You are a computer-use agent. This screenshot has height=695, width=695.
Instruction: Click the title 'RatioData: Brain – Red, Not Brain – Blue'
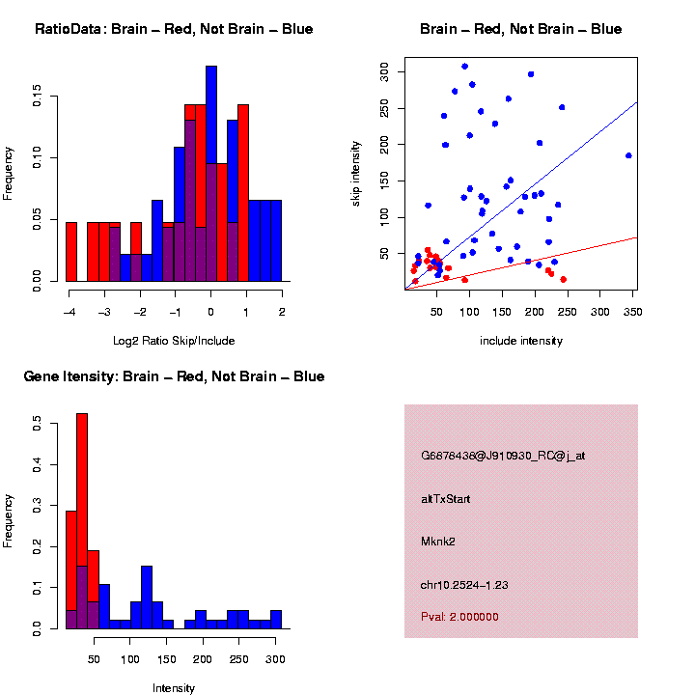[174, 29]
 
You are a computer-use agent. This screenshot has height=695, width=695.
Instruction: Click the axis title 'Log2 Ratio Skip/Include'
[175, 340]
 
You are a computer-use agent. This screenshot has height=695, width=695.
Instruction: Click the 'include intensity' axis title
[520, 341]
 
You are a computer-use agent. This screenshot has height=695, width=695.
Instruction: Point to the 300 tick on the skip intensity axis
[384, 70]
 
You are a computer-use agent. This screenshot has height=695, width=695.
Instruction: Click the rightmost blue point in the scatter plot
[628, 155]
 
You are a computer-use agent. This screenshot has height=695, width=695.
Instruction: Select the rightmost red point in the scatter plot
[563, 279]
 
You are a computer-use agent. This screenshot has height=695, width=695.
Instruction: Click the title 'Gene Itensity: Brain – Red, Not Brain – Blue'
[174, 376]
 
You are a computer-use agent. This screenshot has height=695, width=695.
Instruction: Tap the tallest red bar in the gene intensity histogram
[82, 521]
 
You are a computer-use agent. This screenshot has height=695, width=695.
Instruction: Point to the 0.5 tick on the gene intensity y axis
[38, 422]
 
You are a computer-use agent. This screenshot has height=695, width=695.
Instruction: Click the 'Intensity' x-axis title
[174, 688]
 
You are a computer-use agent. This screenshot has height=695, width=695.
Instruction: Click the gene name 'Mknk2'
[438, 542]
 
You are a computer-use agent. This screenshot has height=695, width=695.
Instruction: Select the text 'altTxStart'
[446, 499]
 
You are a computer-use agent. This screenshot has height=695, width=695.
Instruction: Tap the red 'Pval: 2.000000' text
[459, 616]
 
